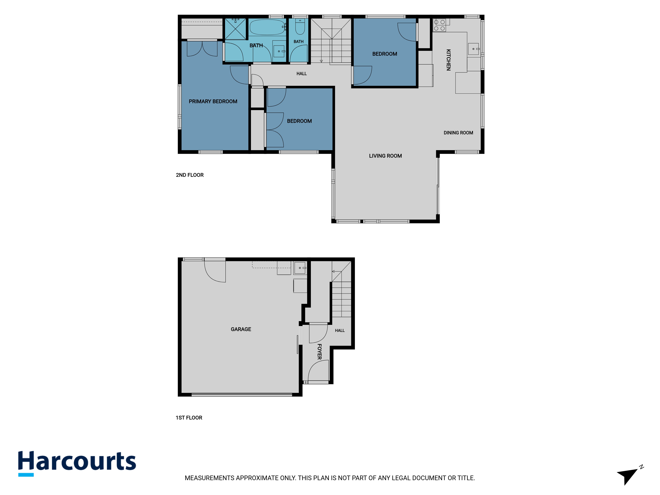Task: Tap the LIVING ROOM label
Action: [385, 156]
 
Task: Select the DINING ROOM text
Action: [458, 133]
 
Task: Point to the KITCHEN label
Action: [448, 60]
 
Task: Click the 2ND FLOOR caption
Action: [190, 175]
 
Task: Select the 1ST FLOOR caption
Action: [189, 418]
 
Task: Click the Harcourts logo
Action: [77, 463]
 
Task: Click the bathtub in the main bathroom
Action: [267, 27]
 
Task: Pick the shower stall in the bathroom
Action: [235, 29]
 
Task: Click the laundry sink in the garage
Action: [300, 268]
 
